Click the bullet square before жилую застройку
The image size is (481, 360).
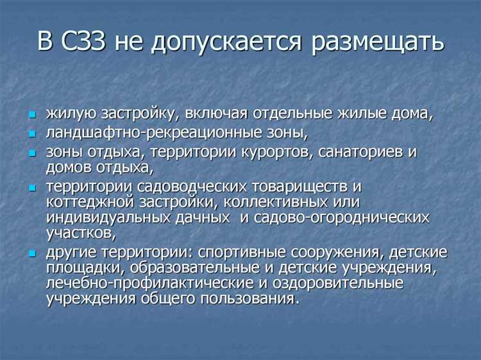[x=32, y=115]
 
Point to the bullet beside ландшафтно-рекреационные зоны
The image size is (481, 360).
[x=32, y=135]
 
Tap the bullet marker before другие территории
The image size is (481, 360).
[x=32, y=253]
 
